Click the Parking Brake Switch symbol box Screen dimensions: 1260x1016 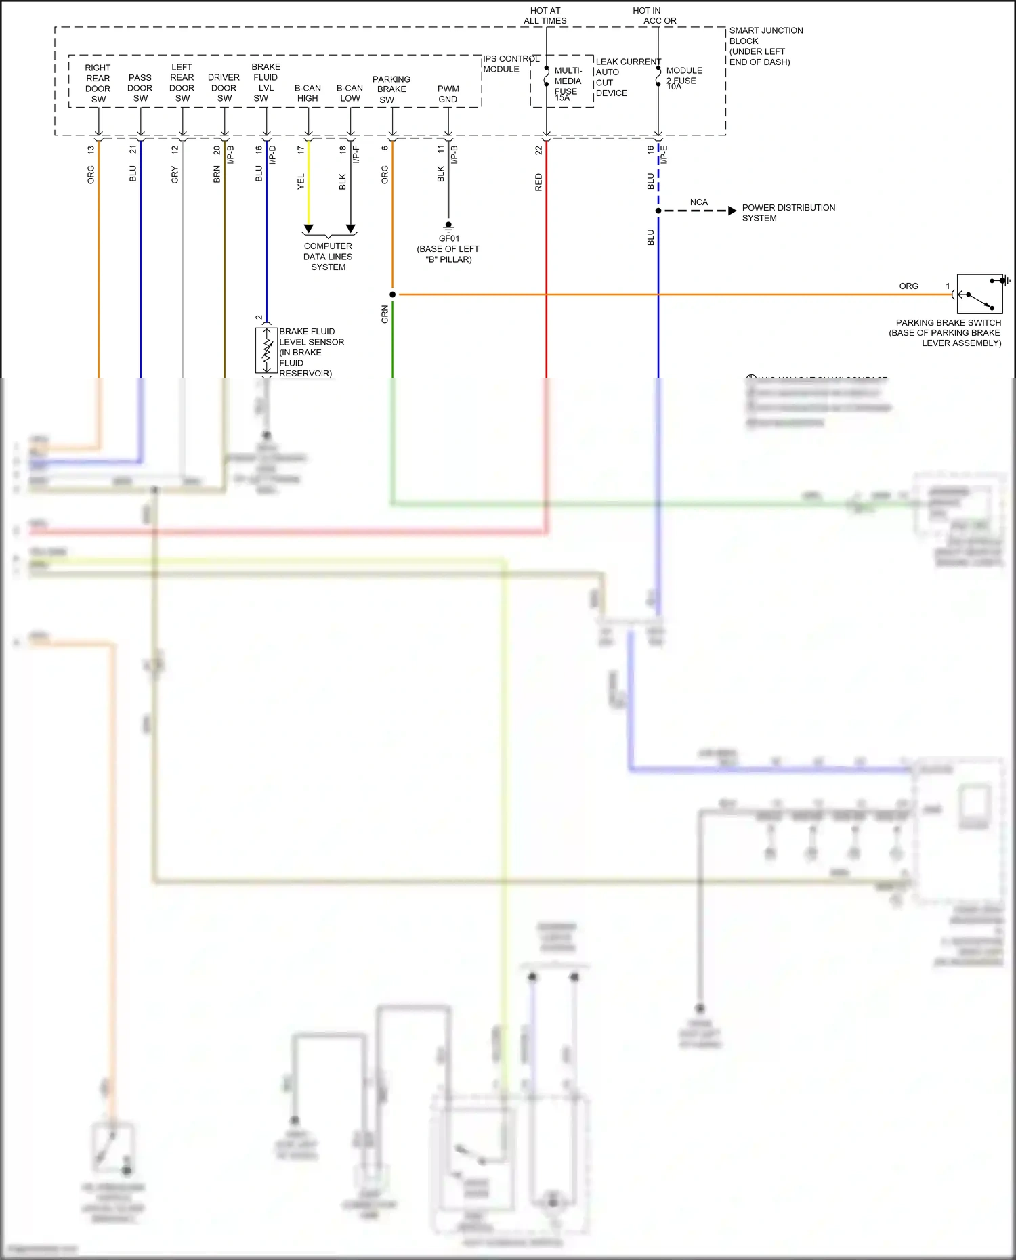[x=979, y=294]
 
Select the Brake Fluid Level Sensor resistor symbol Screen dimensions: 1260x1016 [x=267, y=350]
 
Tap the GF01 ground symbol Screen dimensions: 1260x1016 [x=448, y=226]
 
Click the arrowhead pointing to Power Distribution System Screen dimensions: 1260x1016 [x=732, y=211]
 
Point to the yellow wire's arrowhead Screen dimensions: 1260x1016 [x=308, y=229]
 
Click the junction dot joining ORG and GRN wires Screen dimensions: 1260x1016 [x=393, y=295]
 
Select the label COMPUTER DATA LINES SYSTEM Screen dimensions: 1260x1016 [x=328, y=257]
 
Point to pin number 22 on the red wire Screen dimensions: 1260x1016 [x=538, y=150]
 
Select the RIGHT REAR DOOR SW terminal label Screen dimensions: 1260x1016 [x=98, y=83]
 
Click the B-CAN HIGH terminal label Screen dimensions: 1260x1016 [x=308, y=93]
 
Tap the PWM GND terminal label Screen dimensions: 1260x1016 [x=448, y=94]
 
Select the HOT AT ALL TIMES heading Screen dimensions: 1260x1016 [x=545, y=16]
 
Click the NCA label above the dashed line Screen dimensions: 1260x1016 [x=698, y=202]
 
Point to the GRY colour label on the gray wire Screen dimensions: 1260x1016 [x=175, y=176]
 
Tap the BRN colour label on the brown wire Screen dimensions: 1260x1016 [x=217, y=175]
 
